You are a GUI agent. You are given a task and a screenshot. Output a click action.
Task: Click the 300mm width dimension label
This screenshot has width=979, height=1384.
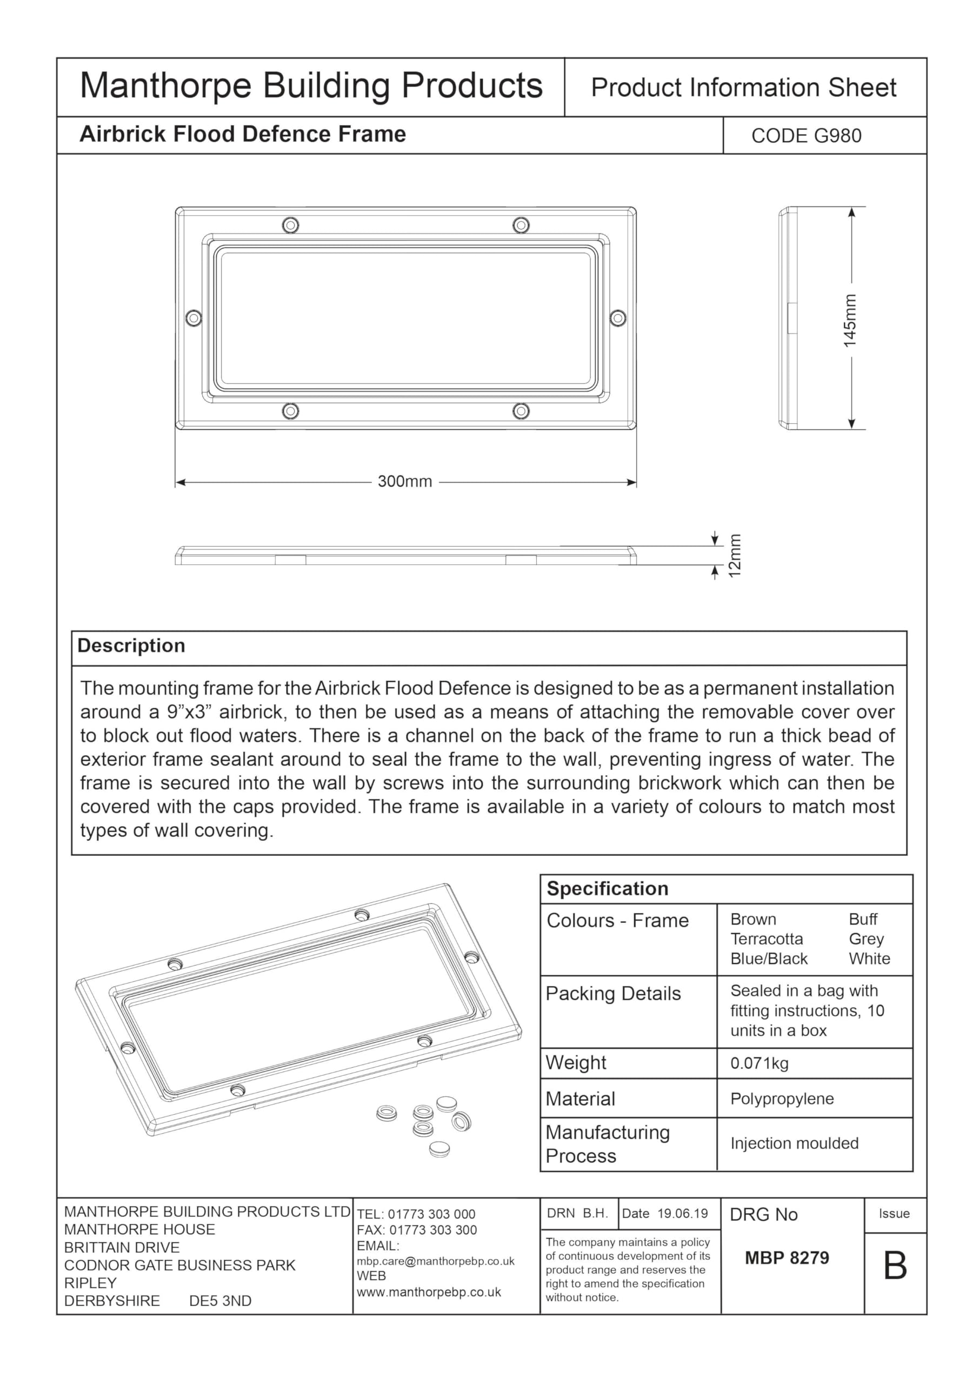(x=404, y=482)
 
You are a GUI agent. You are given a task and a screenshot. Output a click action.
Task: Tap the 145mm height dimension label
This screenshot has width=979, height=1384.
(x=849, y=320)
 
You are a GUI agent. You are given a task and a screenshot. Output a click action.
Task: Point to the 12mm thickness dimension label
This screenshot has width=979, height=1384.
(x=734, y=555)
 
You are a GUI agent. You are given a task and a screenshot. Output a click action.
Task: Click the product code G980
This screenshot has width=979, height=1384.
(x=806, y=136)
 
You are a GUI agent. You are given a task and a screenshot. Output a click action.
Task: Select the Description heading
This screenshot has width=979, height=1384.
(x=131, y=646)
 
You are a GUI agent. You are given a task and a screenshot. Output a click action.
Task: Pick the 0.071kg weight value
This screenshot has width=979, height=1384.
(x=759, y=1063)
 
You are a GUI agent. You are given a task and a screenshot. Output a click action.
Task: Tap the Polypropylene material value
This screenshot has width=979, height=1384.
(x=782, y=1099)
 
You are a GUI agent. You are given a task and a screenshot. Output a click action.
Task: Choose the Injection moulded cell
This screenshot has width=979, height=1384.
(x=794, y=1143)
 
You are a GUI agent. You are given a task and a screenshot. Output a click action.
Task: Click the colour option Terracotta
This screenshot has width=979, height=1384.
(x=766, y=939)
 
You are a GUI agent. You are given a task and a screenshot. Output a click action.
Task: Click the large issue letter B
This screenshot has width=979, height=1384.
(x=895, y=1267)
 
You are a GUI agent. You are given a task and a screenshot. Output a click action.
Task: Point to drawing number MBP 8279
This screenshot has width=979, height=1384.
(x=787, y=1258)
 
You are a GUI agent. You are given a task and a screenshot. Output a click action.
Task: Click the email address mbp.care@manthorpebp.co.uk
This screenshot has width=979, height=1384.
(x=435, y=1261)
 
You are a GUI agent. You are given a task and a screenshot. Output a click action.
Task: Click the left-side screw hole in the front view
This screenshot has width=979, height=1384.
(x=194, y=318)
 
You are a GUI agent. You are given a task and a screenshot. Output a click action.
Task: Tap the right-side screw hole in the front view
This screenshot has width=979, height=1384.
(x=618, y=318)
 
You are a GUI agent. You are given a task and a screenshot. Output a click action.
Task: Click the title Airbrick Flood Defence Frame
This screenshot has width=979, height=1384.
(x=242, y=134)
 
